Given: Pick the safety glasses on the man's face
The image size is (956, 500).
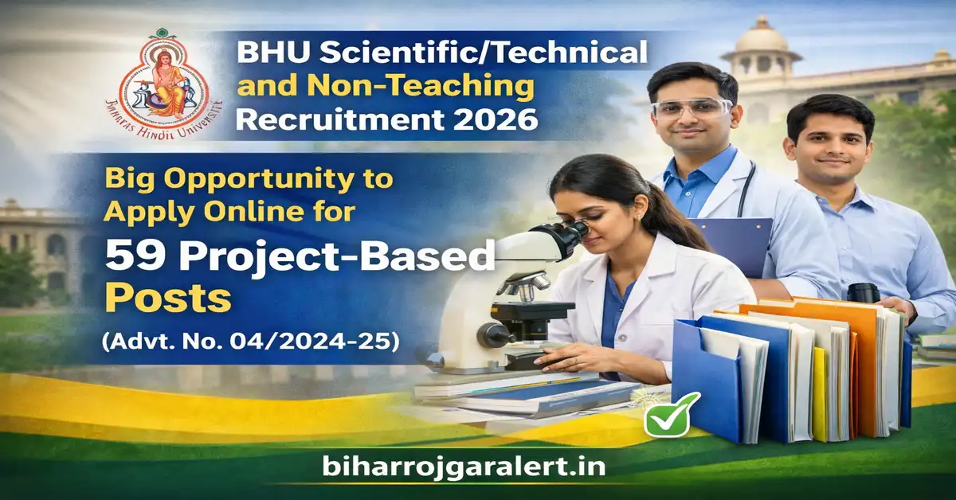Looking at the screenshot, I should click(690, 107).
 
